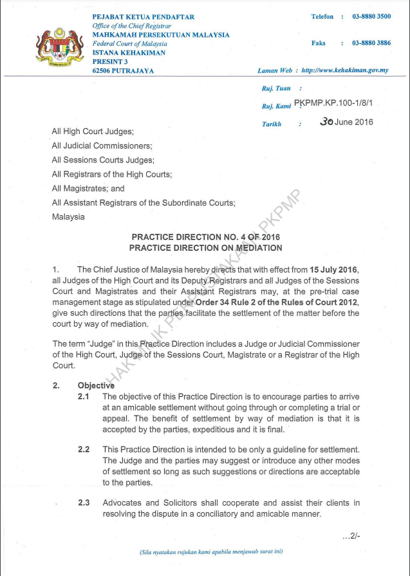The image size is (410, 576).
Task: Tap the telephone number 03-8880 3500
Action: (x=371, y=16)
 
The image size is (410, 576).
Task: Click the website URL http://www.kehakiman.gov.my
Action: (x=344, y=70)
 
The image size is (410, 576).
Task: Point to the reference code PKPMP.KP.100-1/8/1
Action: (x=333, y=103)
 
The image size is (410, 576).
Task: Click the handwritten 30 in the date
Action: (x=328, y=121)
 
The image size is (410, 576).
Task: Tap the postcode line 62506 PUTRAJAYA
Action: (x=123, y=70)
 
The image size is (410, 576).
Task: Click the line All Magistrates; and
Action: (x=88, y=189)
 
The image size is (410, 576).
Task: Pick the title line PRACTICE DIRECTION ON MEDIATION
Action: (x=205, y=247)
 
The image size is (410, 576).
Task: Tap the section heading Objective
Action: (x=96, y=385)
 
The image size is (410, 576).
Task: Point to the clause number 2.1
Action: (x=84, y=396)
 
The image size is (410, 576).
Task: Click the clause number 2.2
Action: (x=84, y=448)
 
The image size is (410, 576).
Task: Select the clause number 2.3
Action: (x=84, y=503)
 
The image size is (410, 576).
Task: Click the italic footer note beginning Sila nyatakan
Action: (x=211, y=552)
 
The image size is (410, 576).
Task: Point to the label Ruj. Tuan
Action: (x=276, y=88)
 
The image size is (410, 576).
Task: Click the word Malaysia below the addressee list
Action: (x=68, y=217)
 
